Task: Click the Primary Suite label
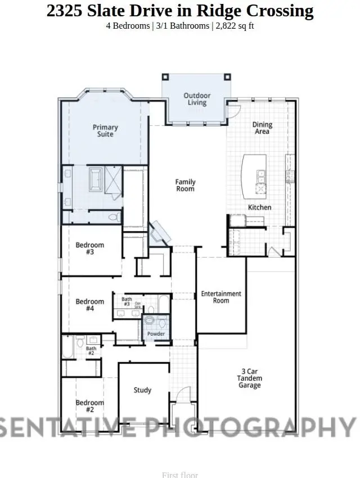(105, 131)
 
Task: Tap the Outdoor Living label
(197, 100)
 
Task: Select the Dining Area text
(262, 128)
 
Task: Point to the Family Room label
(185, 186)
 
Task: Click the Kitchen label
(259, 208)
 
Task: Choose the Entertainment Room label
(221, 297)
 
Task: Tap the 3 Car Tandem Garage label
(249, 378)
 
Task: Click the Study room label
(142, 390)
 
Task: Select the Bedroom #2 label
(90, 406)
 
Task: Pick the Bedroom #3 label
(90, 249)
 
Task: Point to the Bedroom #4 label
(90, 305)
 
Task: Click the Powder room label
(156, 334)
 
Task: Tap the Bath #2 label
(91, 351)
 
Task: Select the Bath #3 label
(127, 302)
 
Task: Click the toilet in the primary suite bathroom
(113, 217)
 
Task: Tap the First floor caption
(180, 475)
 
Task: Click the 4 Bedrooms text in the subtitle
(127, 26)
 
